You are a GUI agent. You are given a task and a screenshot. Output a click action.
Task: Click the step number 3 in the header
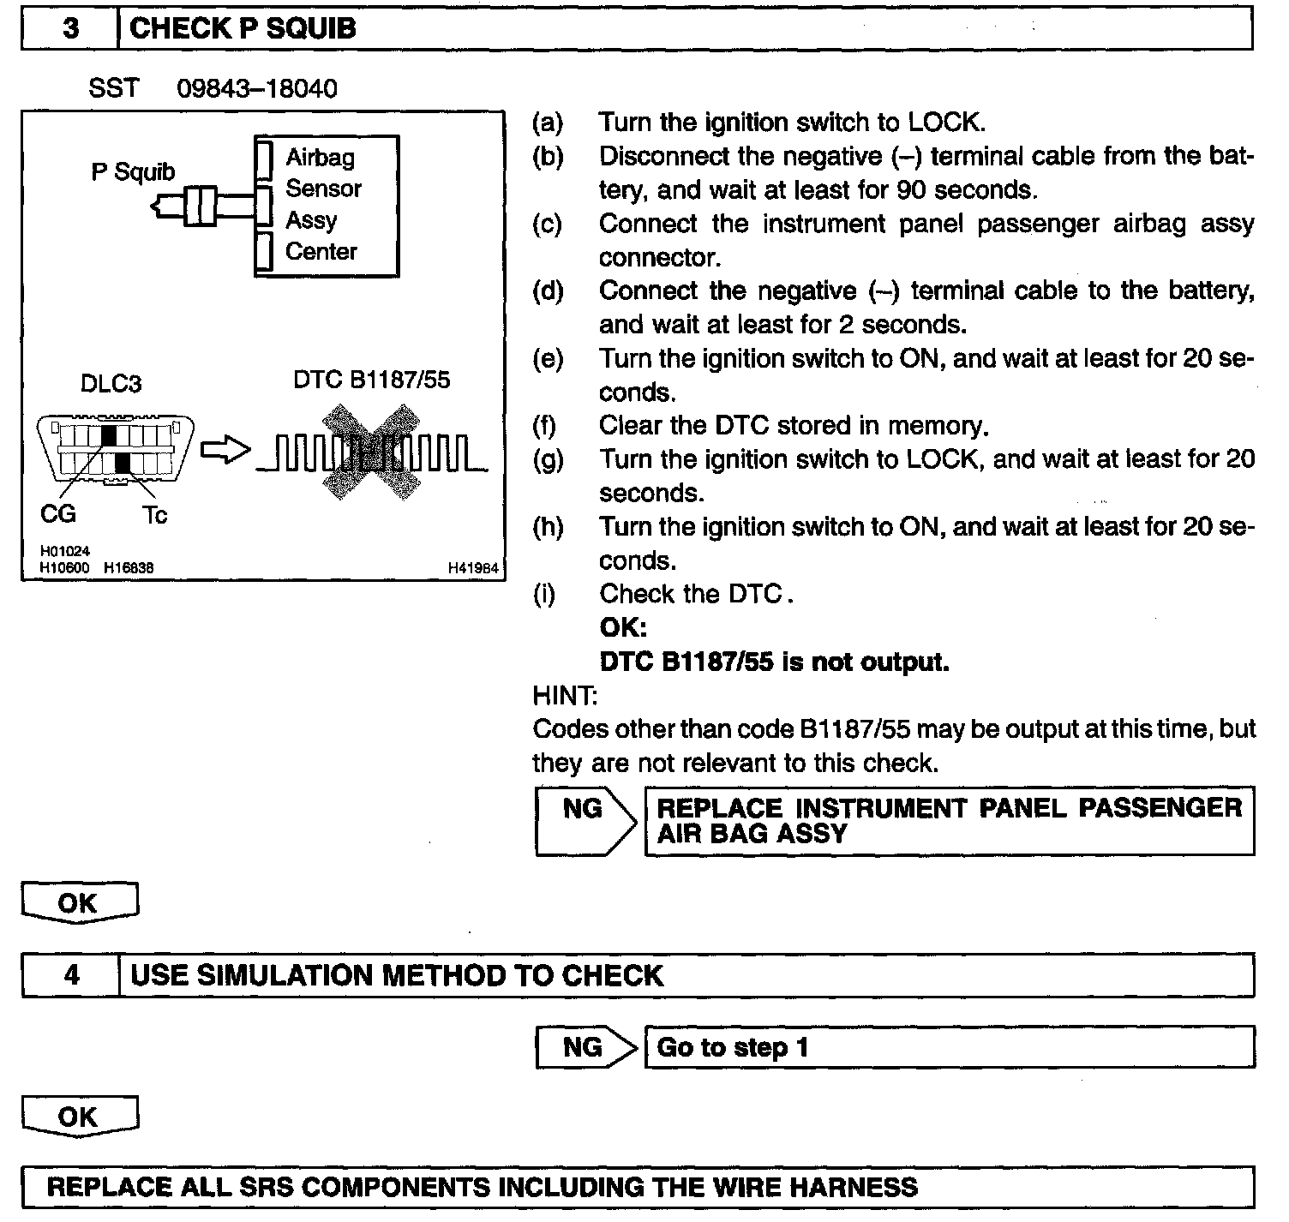tap(70, 29)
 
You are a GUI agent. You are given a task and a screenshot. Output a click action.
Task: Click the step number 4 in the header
tap(72, 975)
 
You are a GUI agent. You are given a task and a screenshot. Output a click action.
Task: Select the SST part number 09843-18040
tap(256, 88)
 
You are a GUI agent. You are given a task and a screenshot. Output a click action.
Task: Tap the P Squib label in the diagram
tap(133, 171)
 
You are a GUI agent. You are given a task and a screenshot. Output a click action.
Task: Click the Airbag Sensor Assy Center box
tap(327, 206)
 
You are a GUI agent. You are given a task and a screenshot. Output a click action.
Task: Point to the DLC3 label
tap(111, 383)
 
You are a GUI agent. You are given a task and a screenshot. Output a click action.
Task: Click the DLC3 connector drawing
tap(116, 448)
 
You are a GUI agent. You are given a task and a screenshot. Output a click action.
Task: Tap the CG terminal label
tap(58, 514)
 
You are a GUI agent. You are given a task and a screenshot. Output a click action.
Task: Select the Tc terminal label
tap(154, 515)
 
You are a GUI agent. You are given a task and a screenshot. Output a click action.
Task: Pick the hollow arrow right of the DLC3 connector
tap(225, 450)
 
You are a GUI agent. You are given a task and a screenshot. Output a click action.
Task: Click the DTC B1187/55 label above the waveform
tap(371, 380)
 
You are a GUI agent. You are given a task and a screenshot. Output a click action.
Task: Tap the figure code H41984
tap(472, 567)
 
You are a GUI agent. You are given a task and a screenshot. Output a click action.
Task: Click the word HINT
tap(565, 695)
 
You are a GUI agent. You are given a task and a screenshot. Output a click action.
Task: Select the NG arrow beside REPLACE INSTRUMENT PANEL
tap(585, 820)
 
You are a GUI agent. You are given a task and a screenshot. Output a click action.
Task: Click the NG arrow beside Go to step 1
tap(585, 1047)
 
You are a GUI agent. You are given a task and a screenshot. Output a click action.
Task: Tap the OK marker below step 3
tap(79, 903)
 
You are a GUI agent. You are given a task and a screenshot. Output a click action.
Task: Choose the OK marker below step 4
tap(79, 1117)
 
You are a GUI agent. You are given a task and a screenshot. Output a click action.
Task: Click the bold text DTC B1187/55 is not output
tap(774, 662)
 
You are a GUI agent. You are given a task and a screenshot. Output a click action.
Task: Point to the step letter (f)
tap(543, 426)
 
